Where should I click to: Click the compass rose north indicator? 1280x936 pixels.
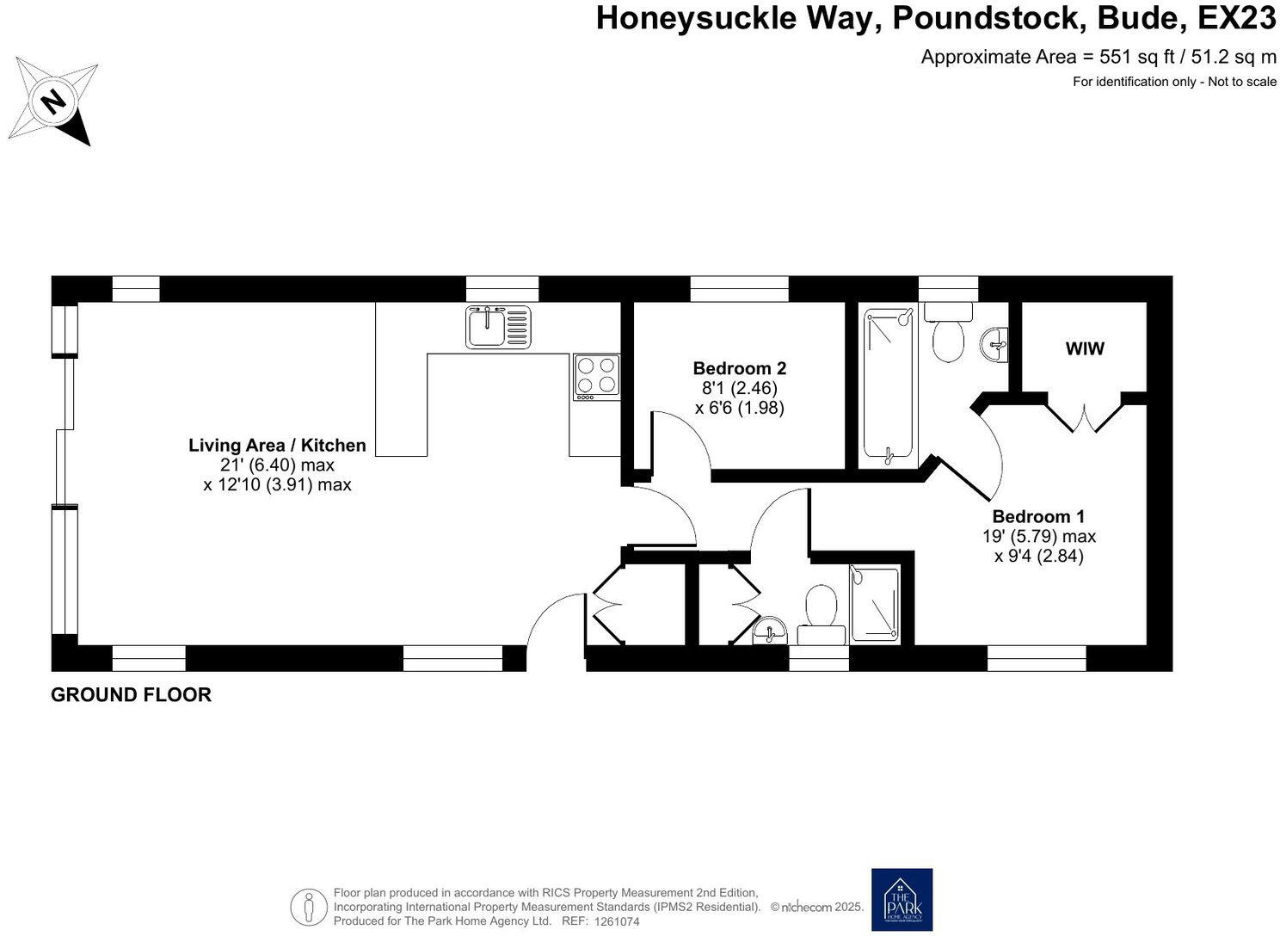(x=53, y=102)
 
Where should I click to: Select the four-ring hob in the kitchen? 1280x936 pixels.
(x=596, y=376)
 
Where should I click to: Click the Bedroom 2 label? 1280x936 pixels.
(x=739, y=368)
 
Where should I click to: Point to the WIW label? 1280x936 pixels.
(x=1084, y=348)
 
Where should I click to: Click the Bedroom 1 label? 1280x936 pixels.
(x=1038, y=516)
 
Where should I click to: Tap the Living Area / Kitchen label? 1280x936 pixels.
(x=277, y=445)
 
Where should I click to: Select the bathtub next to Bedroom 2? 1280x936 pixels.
(x=889, y=385)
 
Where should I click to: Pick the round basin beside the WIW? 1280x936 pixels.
(x=995, y=345)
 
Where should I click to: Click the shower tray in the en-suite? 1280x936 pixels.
(x=874, y=605)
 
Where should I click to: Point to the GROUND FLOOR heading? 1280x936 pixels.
(x=131, y=694)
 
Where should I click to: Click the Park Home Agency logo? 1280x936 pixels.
(x=901, y=899)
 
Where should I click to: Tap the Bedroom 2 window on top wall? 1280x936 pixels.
(x=739, y=288)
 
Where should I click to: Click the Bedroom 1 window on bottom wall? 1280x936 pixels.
(x=1036, y=658)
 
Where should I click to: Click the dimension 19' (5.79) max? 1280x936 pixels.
(x=1038, y=536)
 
